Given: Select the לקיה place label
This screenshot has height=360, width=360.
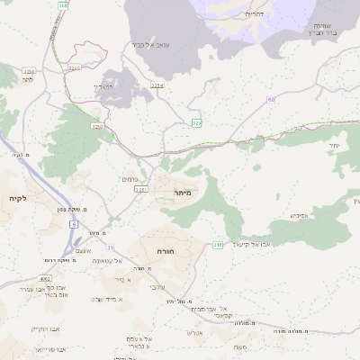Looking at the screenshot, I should [16, 197].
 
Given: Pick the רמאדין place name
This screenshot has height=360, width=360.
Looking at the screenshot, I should [104, 86].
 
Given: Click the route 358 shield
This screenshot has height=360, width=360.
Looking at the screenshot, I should [62, 5].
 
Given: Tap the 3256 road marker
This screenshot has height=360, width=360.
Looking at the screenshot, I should [74, 67].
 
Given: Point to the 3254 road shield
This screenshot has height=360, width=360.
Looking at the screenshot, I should [158, 85].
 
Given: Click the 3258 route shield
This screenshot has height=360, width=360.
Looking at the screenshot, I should [96, 127].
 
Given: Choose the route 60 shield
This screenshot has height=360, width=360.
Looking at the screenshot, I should [271, 100].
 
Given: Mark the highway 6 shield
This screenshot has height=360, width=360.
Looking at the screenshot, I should [74, 223].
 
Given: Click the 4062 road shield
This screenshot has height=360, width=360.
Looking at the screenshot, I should [46, 279].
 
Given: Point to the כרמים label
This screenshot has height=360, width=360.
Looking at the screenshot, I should [129, 179].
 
